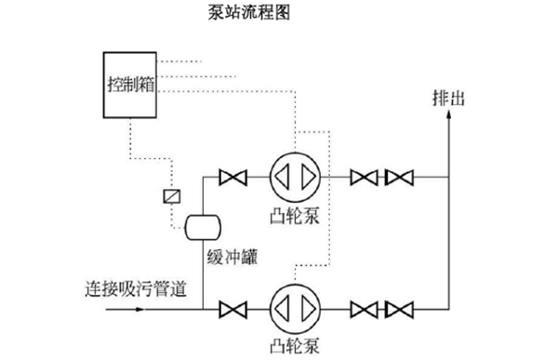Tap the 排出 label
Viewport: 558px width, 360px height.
448,98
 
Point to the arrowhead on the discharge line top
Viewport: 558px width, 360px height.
449,119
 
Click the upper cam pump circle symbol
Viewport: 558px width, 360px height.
295,176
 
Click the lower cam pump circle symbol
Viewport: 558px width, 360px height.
295,307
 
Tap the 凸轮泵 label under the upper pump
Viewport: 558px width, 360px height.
295,219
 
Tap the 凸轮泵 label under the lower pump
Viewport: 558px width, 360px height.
295,348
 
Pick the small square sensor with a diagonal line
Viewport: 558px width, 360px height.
170,197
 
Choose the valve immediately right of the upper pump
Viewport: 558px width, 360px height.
363,176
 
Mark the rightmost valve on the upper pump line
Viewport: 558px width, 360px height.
400,176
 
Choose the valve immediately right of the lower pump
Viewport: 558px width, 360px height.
363,307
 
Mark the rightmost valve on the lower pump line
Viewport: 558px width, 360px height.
400,307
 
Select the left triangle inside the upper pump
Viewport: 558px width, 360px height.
285,176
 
